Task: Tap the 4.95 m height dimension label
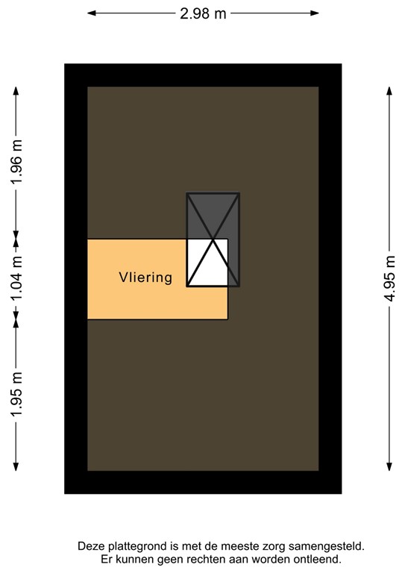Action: point(389,278)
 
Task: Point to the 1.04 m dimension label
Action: point(16,278)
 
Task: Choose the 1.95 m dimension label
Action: point(16,393)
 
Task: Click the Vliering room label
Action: point(145,278)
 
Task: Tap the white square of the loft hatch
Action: point(207,262)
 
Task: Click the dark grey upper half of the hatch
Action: point(213,216)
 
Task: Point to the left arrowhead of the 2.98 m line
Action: point(91,13)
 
